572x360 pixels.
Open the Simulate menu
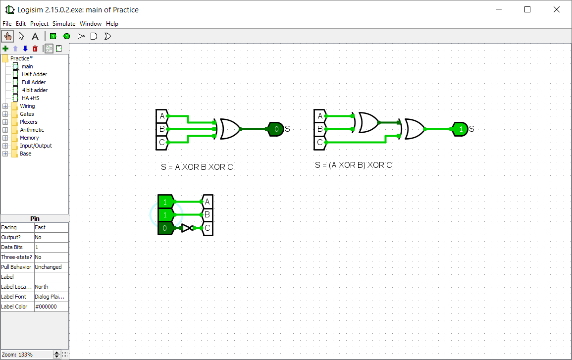[64, 23]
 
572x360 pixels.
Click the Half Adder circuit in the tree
[34, 74]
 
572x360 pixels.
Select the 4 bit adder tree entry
[35, 90]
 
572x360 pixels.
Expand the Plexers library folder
[5, 122]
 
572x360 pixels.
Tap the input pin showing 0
[165, 228]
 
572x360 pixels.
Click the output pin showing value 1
[460, 129]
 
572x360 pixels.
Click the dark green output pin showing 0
[275, 129]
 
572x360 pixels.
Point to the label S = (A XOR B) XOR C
[353, 165]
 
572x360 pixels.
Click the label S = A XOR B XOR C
[197, 167]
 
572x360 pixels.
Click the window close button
[556, 9]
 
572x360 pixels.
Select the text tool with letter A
[35, 36]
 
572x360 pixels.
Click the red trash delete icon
[35, 49]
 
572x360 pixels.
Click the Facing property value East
[51, 227]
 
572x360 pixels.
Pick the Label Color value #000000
[51, 307]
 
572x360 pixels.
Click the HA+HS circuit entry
[30, 98]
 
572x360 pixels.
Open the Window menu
[91, 23]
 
